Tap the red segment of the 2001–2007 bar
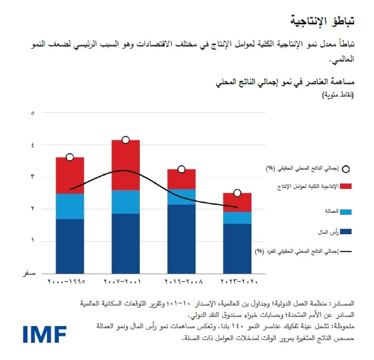click(x=126, y=165)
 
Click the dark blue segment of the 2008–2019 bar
click(x=182, y=239)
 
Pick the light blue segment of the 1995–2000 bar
click(x=70, y=206)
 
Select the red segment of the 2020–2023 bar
click(x=237, y=202)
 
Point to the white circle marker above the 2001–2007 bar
click(x=126, y=140)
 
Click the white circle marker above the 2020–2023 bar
click(x=237, y=193)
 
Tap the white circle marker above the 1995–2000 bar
click(x=70, y=157)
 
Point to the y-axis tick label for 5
click(x=33, y=113)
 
